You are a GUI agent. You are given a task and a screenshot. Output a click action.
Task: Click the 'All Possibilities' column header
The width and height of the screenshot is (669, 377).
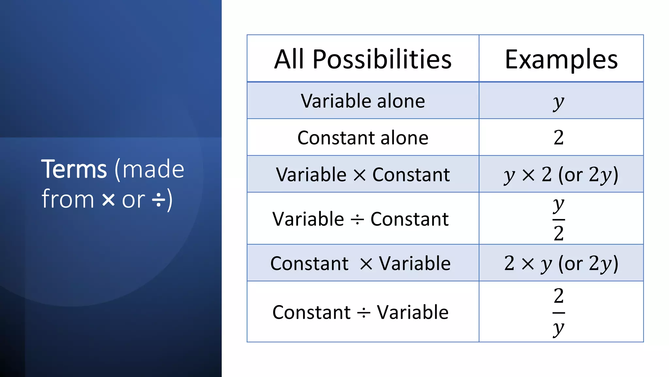363,59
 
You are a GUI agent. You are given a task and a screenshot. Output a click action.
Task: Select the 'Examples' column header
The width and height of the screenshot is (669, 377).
561,59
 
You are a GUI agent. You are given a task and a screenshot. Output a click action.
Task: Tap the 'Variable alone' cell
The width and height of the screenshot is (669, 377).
363,101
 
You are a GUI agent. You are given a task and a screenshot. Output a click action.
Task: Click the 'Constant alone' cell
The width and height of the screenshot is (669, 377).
363,137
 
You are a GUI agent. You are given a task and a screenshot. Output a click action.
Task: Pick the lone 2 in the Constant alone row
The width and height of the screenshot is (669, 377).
559,137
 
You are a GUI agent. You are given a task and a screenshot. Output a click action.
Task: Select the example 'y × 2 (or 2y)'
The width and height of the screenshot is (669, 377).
561,174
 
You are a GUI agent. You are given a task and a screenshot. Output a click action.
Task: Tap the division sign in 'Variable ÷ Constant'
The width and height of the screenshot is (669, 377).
357,220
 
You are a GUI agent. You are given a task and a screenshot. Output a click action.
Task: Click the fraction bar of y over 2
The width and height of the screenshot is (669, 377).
559,219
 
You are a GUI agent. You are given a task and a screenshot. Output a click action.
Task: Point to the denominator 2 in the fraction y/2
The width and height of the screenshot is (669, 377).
559,233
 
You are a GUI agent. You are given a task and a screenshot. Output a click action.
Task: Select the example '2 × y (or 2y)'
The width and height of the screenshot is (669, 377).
561,263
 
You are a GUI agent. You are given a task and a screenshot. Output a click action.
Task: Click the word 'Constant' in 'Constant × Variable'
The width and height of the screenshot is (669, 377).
309,263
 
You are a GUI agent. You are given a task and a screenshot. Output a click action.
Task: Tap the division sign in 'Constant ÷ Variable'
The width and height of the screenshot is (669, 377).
364,313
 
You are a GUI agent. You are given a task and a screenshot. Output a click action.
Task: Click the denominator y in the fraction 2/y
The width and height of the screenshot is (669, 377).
559,328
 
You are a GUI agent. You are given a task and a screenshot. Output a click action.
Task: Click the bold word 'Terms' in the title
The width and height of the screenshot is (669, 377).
74,169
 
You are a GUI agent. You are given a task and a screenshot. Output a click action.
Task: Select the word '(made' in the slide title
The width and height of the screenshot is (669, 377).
149,169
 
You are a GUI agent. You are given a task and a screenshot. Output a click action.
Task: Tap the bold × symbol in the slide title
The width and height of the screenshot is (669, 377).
108,200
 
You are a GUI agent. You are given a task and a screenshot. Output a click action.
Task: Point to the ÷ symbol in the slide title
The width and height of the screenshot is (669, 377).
159,200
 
